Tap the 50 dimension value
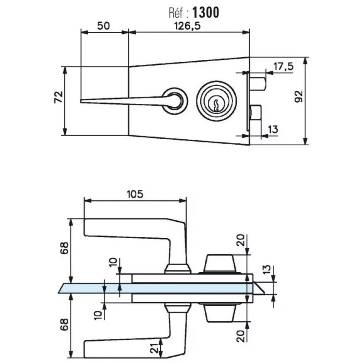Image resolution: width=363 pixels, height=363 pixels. [x=103, y=26]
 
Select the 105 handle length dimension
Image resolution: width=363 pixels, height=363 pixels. [x=135, y=194]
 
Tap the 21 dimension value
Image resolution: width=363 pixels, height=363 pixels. [x=154, y=348]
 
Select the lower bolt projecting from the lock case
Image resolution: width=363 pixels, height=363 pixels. [x=255, y=113]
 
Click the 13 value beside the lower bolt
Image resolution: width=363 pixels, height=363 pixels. [x=273, y=130]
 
